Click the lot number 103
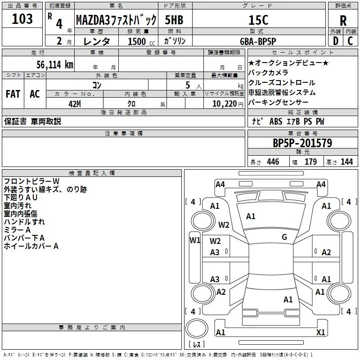click(x=22, y=19)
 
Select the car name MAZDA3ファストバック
click(x=116, y=20)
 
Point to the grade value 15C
click(x=258, y=20)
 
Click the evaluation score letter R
click(x=343, y=21)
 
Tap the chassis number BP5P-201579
click(x=302, y=143)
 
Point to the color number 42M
click(x=74, y=103)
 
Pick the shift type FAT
click(x=13, y=94)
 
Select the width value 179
click(x=310, y=162)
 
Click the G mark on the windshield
click(x=284, y=237)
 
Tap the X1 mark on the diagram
click(x=321, y=333)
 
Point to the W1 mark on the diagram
click(x=195, y=240)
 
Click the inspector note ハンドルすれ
click(x=24, y=222)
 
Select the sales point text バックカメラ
click(x=268, y=72)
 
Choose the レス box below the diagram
click(x=196, y=345)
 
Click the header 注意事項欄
click(x=123, y=134)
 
